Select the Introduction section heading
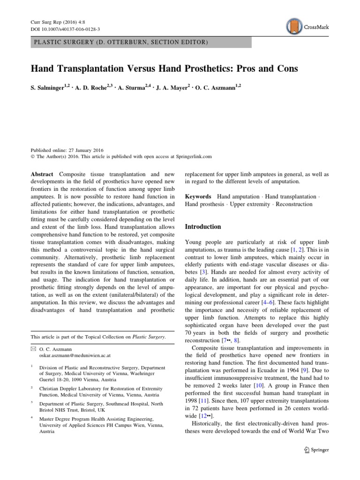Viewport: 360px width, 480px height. coord(202,226)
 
